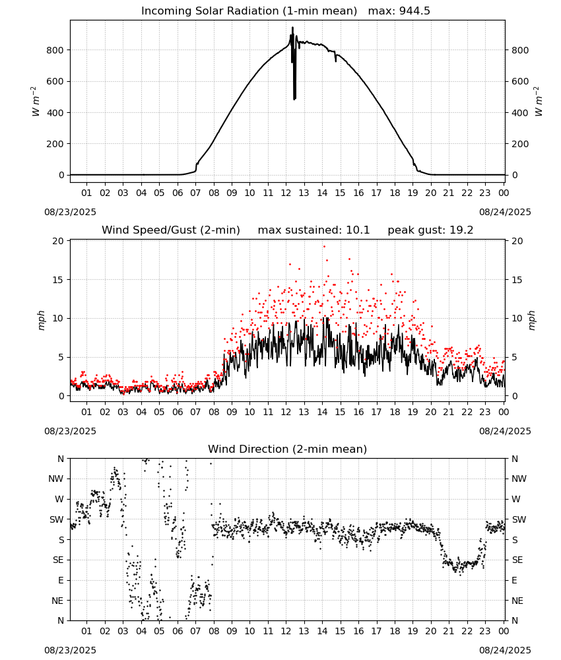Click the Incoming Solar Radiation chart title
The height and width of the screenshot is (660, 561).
[x=249, y=11]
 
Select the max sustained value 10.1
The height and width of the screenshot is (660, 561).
[x=358, y=230]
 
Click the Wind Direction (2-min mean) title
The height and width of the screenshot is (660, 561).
[x=288, y=449]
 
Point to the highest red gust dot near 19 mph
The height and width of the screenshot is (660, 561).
[x=324, y=247]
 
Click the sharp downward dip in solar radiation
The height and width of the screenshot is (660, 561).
[x=294, y=99]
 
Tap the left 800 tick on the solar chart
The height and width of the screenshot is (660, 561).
[x=55, y=50]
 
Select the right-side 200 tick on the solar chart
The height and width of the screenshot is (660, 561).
[x=520, y=144]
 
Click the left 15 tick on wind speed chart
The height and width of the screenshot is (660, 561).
[x=58, y=280]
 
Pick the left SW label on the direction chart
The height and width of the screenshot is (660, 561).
[x=57, y=520]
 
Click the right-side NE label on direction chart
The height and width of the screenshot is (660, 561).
[x=517, y=601]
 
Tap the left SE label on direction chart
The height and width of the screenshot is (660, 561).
[x=58, y=560]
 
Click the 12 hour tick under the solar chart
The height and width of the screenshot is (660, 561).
[x=286, y=193]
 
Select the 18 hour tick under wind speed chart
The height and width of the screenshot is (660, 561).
[x=395, y=412]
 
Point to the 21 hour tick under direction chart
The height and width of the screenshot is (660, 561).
[x=449, y=632]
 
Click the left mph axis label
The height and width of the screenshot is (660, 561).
[x=41, y=321]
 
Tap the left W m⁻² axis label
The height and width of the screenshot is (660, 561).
[x=36, y=102]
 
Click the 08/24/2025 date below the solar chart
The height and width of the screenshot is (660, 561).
[x=505, y=212]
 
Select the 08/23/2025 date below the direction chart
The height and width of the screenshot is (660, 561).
[x=70, y=650]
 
